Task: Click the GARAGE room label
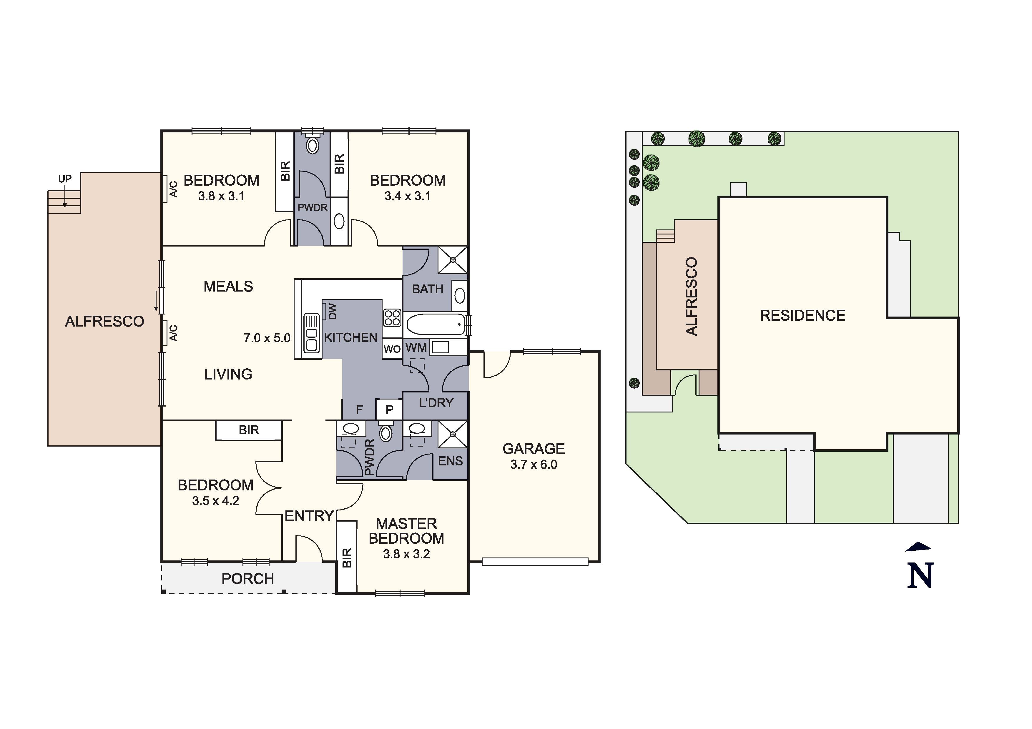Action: coord(534,449)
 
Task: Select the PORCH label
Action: coord(248,579)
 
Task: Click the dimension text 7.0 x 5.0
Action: coord(267,338)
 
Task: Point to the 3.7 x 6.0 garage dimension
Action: coord(534,465)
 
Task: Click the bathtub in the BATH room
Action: coord(435,324)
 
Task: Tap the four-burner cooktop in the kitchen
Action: coord(392,317)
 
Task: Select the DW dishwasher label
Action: coord(333,311)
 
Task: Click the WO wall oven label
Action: coord(392,349)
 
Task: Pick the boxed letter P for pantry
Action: coord(389,410)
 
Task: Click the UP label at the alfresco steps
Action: coord(65,179)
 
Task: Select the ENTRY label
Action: coord(309,516)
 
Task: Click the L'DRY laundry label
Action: coord(436,403)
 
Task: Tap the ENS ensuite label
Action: coord(450,461)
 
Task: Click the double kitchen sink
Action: coord(311,333)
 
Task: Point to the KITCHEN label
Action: coord(350,337)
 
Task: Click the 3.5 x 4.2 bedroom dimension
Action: coord(215,501)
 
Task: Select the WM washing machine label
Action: coord(416,347)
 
